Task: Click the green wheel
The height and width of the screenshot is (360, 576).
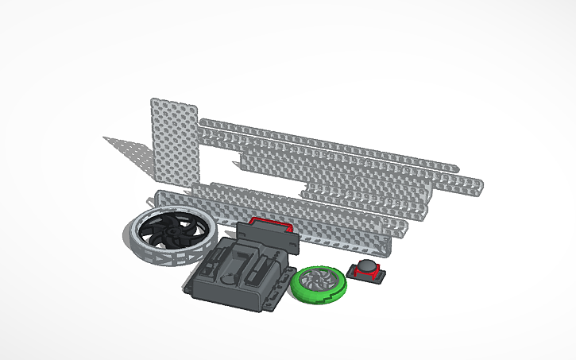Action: [x=319, y=284]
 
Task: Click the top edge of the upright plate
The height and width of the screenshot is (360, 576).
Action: [x=173, y=102]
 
